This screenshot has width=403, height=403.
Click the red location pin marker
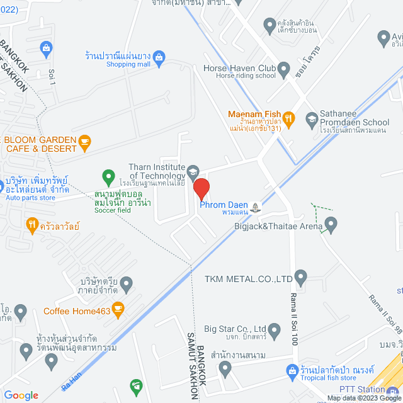[201, 189]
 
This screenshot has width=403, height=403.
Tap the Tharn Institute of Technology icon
[193, 171]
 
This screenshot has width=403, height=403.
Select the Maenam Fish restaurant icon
[288, 117]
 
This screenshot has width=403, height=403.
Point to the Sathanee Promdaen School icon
[311, 118]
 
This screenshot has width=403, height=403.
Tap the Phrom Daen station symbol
[255, 207]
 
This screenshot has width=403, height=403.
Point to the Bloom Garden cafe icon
[86, 142]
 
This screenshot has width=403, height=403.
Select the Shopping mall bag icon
[159, 58]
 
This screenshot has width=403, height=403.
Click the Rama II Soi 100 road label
[293, 320]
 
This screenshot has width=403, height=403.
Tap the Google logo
[21, 395]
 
